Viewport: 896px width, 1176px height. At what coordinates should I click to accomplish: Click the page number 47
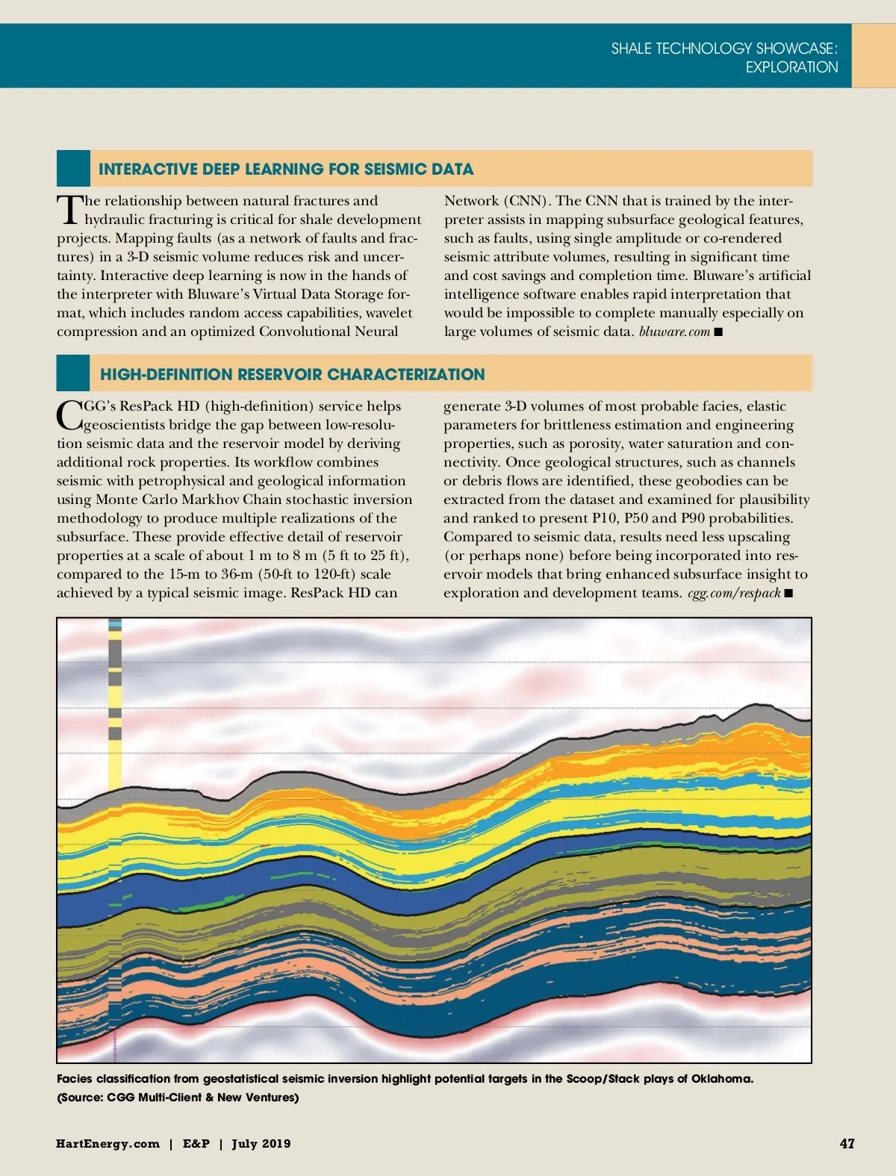click(847, 1143)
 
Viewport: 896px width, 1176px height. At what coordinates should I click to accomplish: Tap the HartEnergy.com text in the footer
click(108, 1144)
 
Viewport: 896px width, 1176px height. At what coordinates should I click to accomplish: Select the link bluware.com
click(673, 332)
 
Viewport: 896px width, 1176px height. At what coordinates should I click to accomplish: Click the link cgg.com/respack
click(733, 593)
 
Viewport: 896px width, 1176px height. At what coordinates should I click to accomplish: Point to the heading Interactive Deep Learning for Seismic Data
click(286, 169)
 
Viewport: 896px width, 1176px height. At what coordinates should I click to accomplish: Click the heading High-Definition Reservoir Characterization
click(292, 374)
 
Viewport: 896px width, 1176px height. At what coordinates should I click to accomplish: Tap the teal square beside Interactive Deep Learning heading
click(73, 169)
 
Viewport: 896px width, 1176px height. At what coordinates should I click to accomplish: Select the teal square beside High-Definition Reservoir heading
click(73, 373)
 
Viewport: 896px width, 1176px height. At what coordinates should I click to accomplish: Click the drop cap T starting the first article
click(69, 209)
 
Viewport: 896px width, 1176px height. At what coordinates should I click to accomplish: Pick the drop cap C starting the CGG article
click(69, 414)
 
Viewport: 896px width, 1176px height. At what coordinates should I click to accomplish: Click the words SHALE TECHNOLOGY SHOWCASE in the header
click(724, 49)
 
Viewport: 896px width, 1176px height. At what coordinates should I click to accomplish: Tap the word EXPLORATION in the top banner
click(791, 67)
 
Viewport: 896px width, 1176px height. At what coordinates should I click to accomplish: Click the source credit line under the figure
click(178, 1097)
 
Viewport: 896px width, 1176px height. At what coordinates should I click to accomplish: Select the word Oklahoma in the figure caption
click(721, 1078)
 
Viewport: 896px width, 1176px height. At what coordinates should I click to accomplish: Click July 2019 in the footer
click(261, 1144)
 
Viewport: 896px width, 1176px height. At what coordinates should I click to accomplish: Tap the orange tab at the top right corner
click(874, 55)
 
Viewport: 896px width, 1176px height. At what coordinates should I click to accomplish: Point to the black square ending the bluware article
click(718, 332)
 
